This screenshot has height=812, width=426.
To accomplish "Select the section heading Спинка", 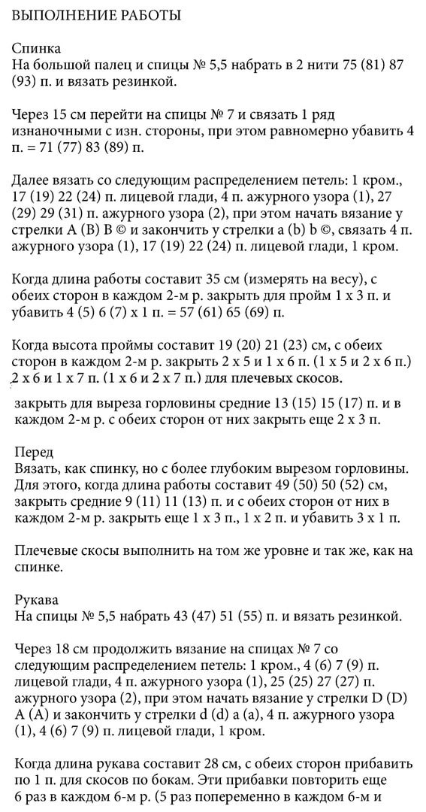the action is click(36, 48).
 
